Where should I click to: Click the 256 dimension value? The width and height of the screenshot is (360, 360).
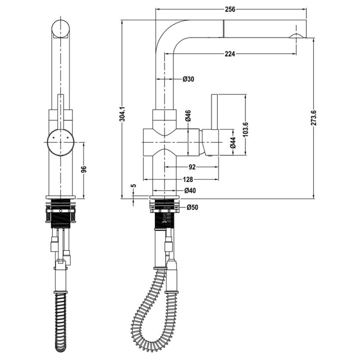tap(230, 9)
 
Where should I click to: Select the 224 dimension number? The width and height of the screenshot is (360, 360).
tap(230, 54)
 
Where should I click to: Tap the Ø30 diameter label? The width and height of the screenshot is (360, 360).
tap(188, 79)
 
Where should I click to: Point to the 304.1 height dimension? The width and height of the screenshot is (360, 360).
tap(122, 114)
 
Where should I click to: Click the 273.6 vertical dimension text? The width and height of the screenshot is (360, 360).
tap(314, 118)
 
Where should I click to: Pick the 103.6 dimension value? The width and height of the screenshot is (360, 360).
tap(246, 129)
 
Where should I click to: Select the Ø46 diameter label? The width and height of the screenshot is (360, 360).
tap(188, 116)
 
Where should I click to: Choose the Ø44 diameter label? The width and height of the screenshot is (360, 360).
tap(233, 143)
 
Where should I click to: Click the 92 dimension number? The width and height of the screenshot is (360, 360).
tap(192, 167)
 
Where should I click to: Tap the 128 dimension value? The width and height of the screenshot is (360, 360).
tap(188, 179)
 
